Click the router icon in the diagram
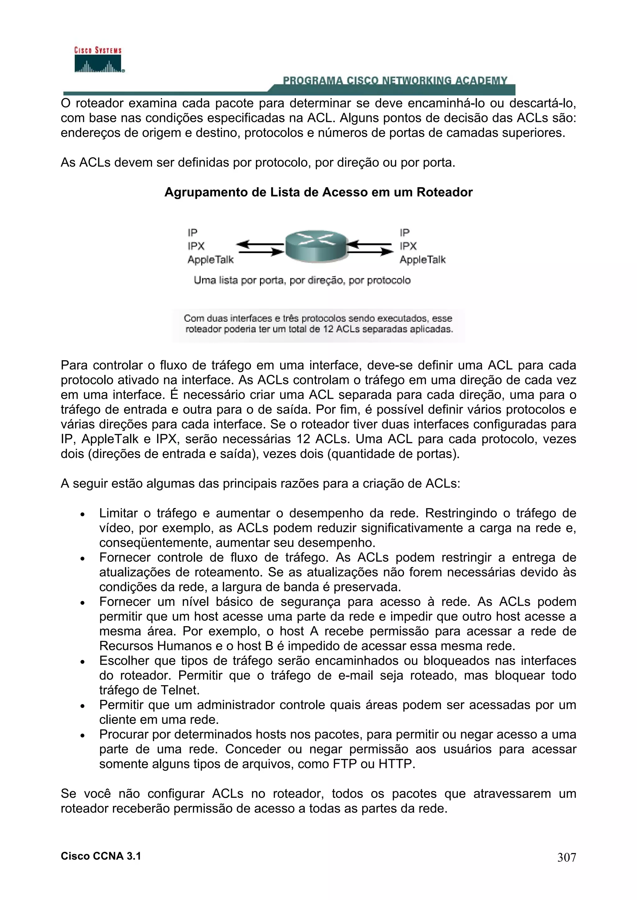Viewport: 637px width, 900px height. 316,246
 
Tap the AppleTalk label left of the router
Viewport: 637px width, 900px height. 210,260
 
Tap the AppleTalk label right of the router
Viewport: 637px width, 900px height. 422,260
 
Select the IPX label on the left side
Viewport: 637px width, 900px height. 196,246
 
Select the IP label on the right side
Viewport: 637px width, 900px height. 404,233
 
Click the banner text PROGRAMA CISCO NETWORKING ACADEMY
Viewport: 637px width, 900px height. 395,81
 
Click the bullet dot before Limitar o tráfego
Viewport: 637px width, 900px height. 82,514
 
